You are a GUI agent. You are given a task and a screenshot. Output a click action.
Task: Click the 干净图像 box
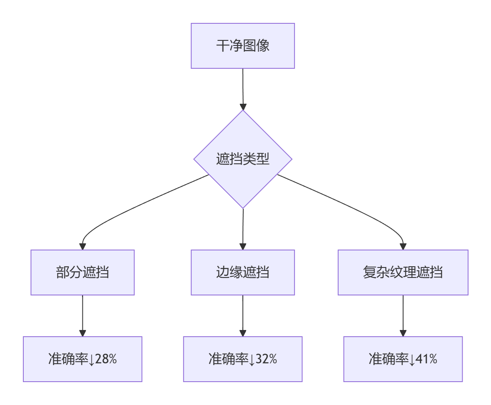pyautogui.click(x=242, y=46)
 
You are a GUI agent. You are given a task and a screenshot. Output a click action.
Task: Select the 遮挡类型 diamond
pyautogui.click(x=242, y=159)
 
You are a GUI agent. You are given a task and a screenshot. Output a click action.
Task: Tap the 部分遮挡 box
pyautogui.click(x=82, y=272)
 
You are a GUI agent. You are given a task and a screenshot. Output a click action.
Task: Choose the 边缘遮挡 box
pyautogui.click(x=242, y=272)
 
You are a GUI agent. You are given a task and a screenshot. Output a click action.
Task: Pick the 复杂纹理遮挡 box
pyautogui.click(x=403, y=272)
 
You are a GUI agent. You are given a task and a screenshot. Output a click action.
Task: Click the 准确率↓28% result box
pyautogui.click(x=82, y=359)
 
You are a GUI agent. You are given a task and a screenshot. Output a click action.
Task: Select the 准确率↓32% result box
pyautogui.click(x=242, y=359)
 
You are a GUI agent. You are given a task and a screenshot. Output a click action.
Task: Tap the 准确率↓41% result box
pyautogui.click(x=403, y=359)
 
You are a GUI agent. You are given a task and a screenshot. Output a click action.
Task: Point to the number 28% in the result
pyautogui.click(x=106, y=359)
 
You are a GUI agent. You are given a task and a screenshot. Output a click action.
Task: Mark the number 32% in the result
pyautogui.click(x=266, y=359)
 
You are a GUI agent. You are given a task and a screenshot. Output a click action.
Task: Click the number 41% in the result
pyautogui.click(x=426, y=359)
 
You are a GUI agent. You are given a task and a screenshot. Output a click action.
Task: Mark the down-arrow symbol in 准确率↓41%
pyautogui.click(x=412, y=360)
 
